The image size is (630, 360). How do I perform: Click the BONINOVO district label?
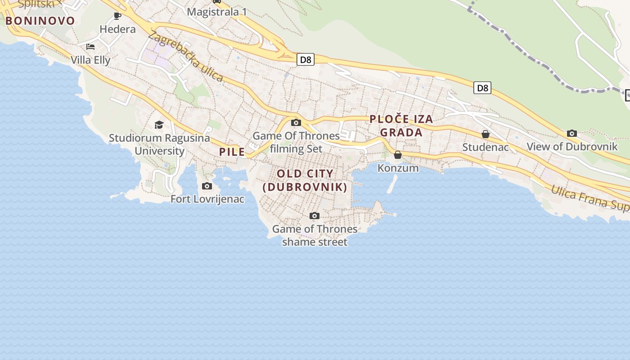coord(40,21)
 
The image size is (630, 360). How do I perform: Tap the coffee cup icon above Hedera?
coord(117,16)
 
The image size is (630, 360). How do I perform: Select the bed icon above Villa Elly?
coord(90,47)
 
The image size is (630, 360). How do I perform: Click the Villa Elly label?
coord(90,60)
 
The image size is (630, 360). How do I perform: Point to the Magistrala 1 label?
coord(217,12)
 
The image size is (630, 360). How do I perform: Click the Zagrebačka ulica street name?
coord(185,56)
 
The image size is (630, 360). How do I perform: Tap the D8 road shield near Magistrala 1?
coord(305,59)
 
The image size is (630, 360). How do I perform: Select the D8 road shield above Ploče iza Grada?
coord(482,88)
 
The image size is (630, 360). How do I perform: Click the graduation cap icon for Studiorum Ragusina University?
coord(159,125)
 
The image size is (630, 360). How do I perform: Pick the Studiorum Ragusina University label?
coord(159,144)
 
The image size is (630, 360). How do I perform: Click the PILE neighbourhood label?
coord(232,152)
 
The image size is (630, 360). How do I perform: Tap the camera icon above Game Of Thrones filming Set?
coord(296,122)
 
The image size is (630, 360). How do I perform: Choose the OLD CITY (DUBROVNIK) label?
coord(305,180)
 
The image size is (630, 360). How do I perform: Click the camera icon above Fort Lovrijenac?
coord(207,186)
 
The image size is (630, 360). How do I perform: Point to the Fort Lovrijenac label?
coord(207,198)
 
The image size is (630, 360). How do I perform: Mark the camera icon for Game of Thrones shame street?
coord(315,216)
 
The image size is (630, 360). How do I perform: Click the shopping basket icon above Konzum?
coord(398,155)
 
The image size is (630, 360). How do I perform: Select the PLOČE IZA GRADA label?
coord(401,126)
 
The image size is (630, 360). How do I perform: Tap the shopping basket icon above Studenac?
coord(486,134)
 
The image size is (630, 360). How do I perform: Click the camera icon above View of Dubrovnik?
coord(572,133)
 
